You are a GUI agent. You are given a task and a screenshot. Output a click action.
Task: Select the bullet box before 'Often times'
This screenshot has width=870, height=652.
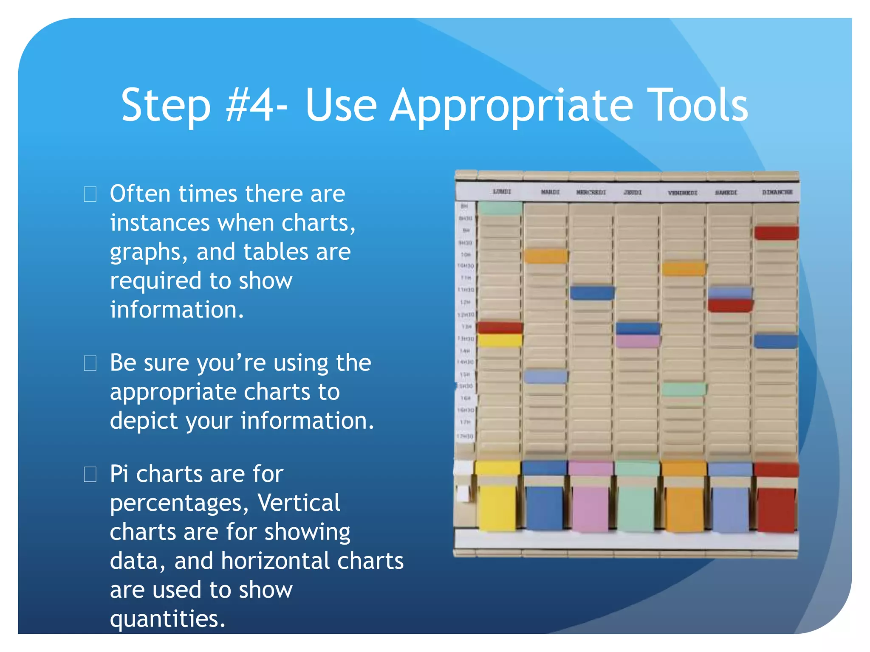coord(90,194)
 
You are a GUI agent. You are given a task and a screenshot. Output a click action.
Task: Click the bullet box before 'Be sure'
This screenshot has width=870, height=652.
coord(90,363)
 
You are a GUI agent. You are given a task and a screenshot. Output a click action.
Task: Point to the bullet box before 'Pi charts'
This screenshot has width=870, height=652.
coord(90,474)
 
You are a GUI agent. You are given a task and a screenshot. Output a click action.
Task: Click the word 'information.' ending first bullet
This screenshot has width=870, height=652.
coord(177,309)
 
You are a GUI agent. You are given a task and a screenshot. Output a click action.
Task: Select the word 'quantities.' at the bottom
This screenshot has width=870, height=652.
coord(167,618)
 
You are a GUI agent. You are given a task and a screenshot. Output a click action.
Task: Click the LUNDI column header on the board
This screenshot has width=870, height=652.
coord(502,192)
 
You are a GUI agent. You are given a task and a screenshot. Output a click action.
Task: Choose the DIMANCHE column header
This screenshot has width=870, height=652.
coord(777,192)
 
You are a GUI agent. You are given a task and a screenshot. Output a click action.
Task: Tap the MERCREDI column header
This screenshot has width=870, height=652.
coord(591,192)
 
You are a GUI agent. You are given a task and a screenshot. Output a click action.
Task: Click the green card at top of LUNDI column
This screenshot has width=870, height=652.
coord(500,208)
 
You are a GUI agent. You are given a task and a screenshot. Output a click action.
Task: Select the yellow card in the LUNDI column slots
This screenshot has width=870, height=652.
coord(500,340)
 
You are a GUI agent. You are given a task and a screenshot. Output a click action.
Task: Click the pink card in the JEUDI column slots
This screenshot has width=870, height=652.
coord(638,341)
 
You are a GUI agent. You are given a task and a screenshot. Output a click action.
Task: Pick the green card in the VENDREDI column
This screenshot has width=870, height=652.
coord(684,389)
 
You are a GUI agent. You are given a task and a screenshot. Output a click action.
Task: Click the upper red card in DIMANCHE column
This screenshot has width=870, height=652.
coord(776,233)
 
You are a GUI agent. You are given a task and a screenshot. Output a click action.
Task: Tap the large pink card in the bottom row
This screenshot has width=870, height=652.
coord(590,507)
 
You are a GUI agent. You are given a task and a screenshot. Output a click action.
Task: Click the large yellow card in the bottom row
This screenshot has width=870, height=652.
coord(497,507)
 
